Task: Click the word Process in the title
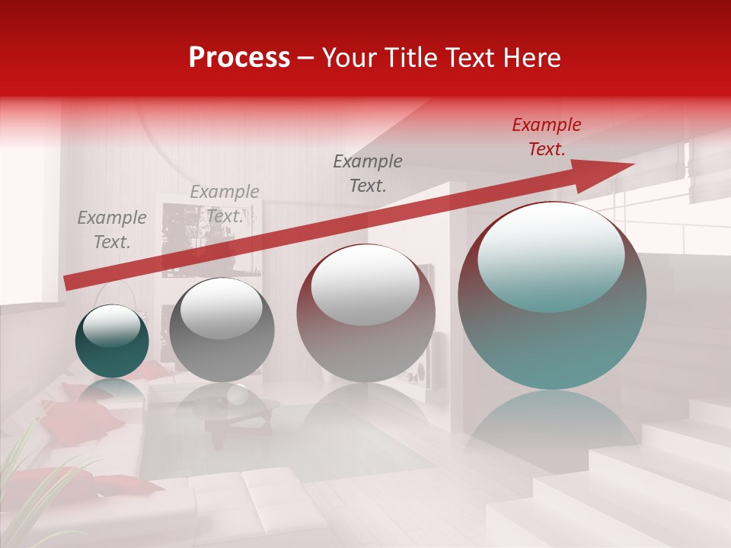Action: click(239, 57)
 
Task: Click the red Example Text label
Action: click(547, 137)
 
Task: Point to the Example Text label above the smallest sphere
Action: click(111, 230)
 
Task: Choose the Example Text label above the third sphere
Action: click(368, 173)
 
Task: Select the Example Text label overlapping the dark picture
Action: click(225, 204)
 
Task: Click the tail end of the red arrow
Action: click(70, 282)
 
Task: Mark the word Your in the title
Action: click(351, 57)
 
